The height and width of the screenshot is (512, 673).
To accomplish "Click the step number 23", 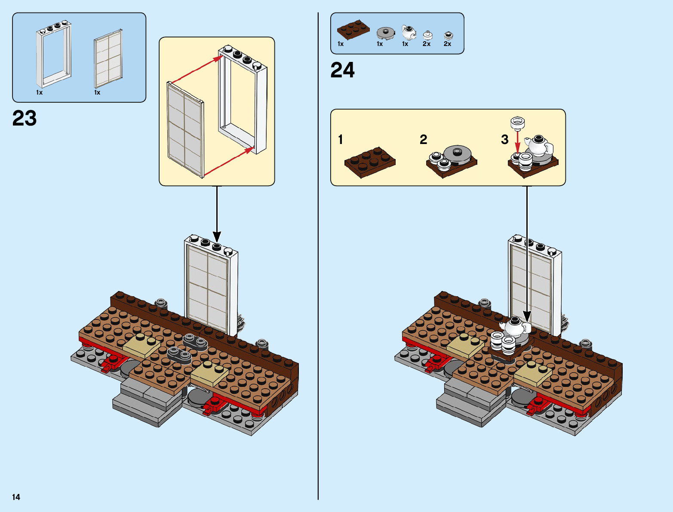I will (x=25, y=118).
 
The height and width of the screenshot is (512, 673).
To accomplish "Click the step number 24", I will (x=342, y=70).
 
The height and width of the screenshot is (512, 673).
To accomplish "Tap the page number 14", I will (x=16, y=497).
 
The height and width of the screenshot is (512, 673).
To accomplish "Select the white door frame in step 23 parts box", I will (x=54, y=54).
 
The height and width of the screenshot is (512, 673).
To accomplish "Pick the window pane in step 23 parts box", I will (x=108, y=58).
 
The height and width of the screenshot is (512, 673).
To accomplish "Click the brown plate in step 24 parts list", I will (x=353, y=29).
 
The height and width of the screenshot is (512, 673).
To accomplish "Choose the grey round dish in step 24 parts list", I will (x=385, y=33).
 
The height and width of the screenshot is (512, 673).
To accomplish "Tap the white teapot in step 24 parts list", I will (x=408, y=32).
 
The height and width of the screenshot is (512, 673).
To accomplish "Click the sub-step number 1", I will (x=341, y=140).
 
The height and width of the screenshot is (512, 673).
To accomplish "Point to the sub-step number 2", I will (x=423, y=140).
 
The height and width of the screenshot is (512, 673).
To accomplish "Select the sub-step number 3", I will (x=504, y=140).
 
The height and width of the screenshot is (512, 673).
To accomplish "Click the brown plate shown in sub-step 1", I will (x=370, y=162).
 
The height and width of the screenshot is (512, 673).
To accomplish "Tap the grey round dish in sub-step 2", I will (x=458, y=153).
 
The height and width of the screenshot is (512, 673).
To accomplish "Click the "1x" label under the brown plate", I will (x=341, y=44).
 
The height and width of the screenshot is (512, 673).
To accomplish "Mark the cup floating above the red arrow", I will (x=517, y=123).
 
